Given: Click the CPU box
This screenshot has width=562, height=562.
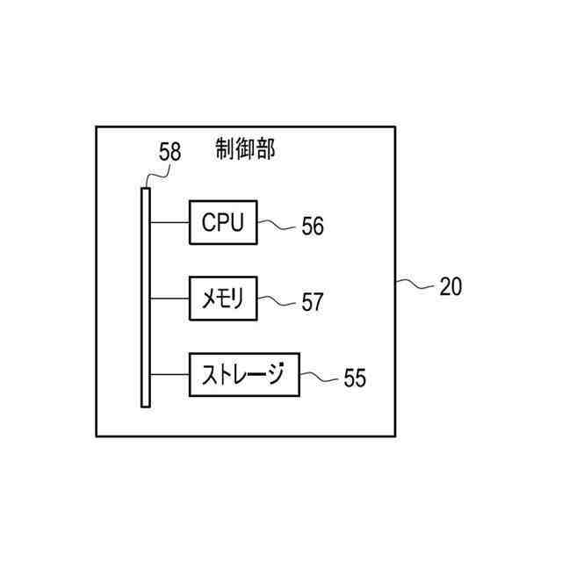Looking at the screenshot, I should pyautogui.click(x=223, y=222).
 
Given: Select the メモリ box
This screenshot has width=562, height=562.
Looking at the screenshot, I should pyautogui.click(x=223, y=299).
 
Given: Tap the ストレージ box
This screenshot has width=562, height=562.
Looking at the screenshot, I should pyautogui.click(x=244, y=375).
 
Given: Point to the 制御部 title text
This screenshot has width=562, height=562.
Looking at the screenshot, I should pyautogui.click(x=245, y=149).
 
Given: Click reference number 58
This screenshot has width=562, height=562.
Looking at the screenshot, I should pyautogui.click(x=169, y=152).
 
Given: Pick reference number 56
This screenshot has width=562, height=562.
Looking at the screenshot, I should pyautogui.click(x=313, y=227).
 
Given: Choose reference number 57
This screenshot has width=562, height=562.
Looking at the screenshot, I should pyautogui.click(x=313, y=303).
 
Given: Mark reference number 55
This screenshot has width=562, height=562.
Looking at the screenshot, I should pyautogui.click(x=355, y=378).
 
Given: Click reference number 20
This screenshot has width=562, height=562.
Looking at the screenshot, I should pyautogui.click(x=450, y=286).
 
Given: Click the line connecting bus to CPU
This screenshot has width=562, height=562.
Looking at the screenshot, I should pyautogui.click(x=169, y=222).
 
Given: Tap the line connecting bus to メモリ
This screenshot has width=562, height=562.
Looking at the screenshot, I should pyautogui.click(x=169, y=299).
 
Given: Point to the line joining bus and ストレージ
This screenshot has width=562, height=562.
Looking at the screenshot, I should pyautogui.click(x=169, y=375).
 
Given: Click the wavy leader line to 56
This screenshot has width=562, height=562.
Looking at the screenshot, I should pyautogui.click(x=277, y=224).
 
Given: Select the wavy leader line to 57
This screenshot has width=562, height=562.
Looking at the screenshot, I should pyautogui.click(x=277, y=300).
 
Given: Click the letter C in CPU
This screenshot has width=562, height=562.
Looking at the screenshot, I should pyautogui.click(x=209, y=222).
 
